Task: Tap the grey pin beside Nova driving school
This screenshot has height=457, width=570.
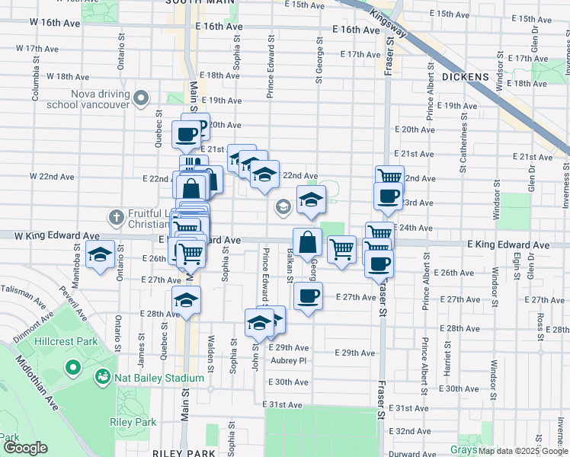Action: click(x=141, y=97)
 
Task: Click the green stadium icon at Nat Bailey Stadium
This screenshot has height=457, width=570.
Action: click(x=102, y=377)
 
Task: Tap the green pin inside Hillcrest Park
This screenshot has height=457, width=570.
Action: click(x=74, y=369)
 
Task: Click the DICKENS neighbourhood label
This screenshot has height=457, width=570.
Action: click(x=463, y=77)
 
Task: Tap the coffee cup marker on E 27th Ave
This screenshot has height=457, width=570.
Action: click(x=307, y=296)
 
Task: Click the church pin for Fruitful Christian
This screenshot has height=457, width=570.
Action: click(x=115, y=217)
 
